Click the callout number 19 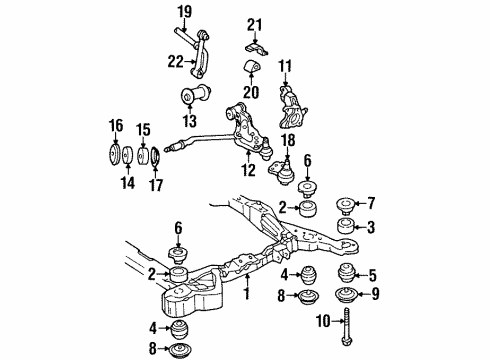click(x=184, y=12)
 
